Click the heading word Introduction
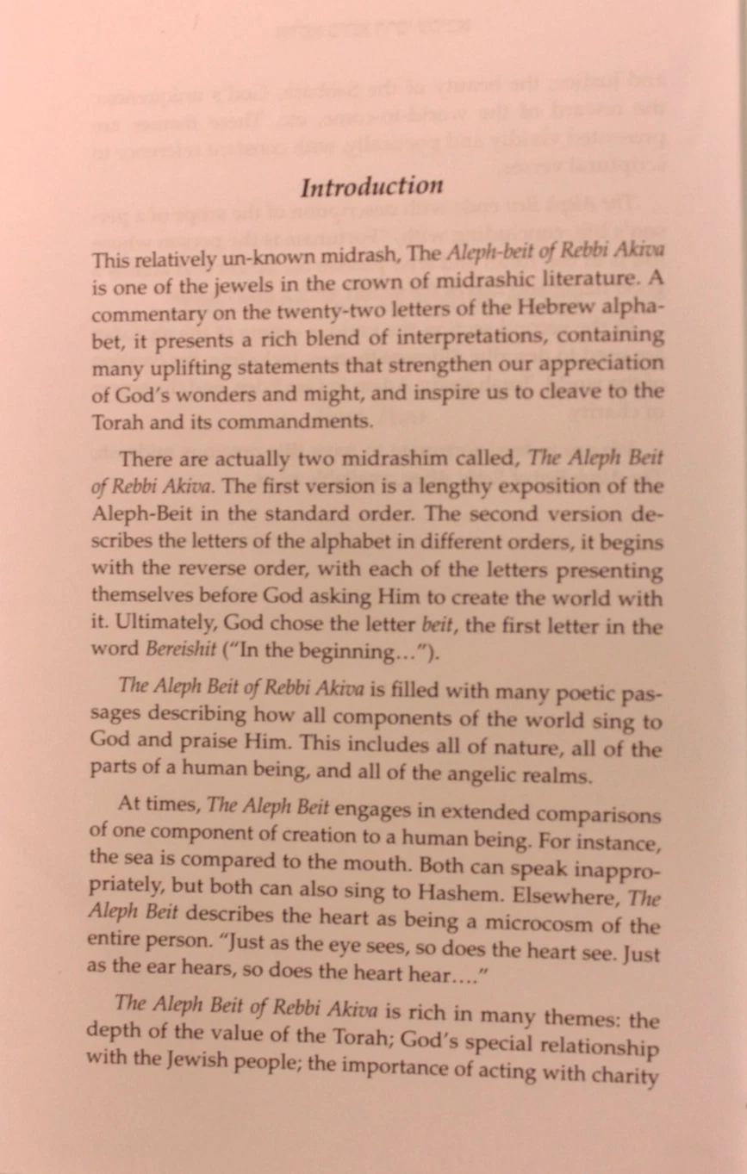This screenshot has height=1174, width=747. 371,187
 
